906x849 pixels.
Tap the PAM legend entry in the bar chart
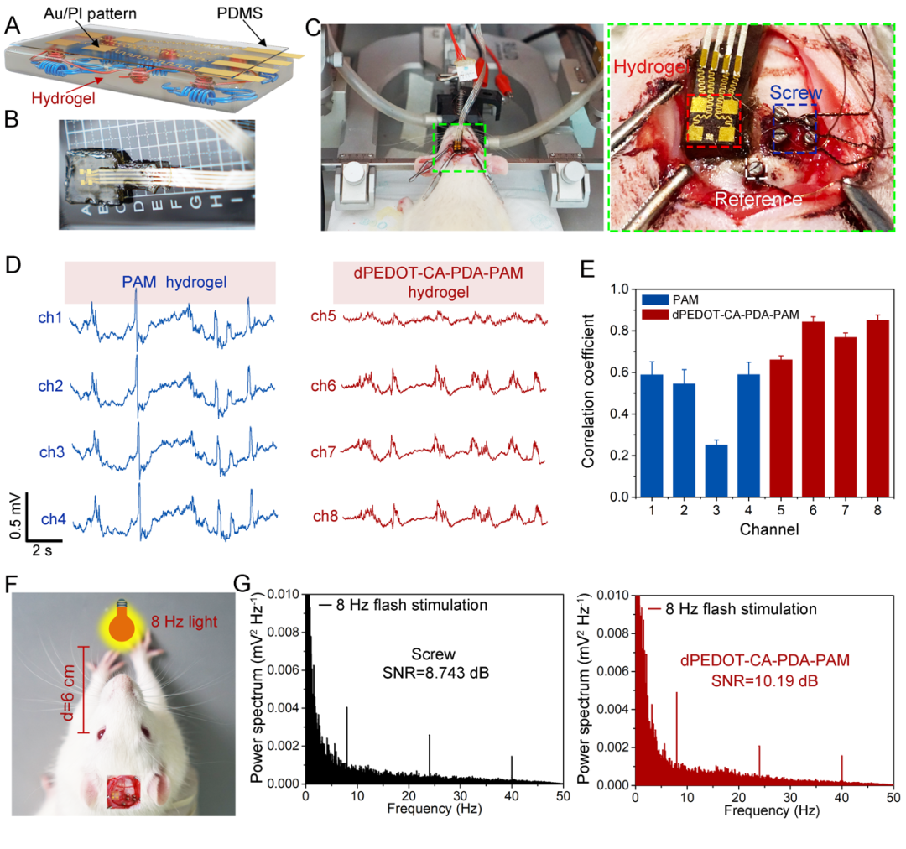point(667,298)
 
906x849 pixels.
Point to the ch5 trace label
point(324,319)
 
